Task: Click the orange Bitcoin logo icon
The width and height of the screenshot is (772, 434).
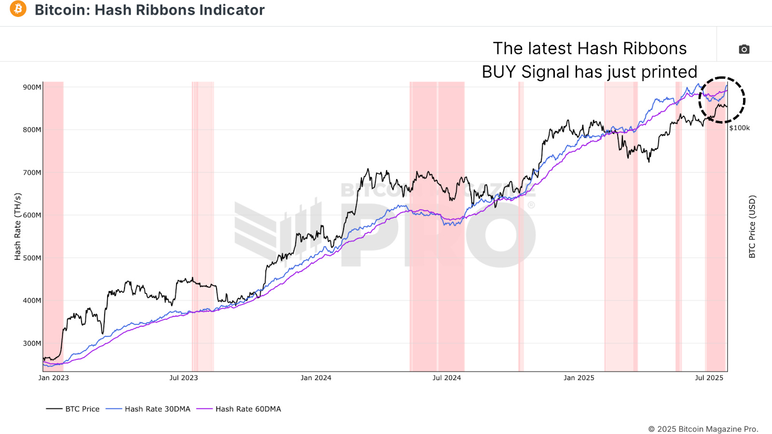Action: pyautogui.click(x=18, y=9)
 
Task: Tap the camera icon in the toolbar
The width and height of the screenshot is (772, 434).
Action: pyautogui.click(x=744, y=49)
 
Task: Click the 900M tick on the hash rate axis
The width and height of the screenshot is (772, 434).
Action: pyautogui.click(x=32, y=87)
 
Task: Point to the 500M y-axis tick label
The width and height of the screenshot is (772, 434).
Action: pyautogui.click(x=32, y=258)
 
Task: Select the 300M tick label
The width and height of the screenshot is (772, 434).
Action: pyautogui.click(x=32, y=343)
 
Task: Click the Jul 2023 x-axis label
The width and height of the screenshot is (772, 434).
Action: pyautogui.click(x=183, y=378)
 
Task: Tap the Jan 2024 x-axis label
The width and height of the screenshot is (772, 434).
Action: pyautogui.click(x=316, y=378)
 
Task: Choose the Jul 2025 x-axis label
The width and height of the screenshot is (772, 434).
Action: pyautogui.click(x=709, y=378)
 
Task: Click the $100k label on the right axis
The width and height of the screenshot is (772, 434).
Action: pyautogui.click(x=739, y=128)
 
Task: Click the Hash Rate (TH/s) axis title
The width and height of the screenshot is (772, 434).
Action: pyautogui.click(x=18, y=226)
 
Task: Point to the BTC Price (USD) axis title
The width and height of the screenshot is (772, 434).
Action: pyautogui.click(x=752, y=226)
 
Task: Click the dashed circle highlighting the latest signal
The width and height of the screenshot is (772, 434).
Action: pyautogui.click(x=722, y=100)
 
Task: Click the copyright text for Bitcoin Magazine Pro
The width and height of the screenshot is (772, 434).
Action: pyautogui.click(x=703, y=429)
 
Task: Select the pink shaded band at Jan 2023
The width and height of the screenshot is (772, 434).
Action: pyautogui.click(x=53, y=226)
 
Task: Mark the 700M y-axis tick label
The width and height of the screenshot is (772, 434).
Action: pyautogui.click(x=32, y=172)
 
